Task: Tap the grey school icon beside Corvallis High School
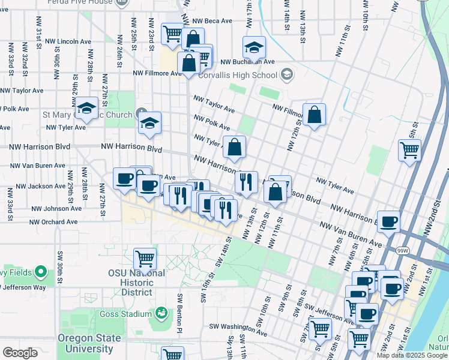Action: coord(287,74)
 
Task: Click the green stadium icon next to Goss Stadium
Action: coord(161,313)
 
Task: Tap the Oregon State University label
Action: coord(89,343)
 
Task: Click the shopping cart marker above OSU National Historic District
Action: coord(145,259)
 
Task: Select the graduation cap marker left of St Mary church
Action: coord(87,109)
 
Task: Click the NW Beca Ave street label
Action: coord(209,20)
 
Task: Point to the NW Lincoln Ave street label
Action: coord(67,42)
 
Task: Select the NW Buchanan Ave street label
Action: coord(247,62)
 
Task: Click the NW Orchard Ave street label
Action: coord(54,221)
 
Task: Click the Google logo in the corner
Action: coord(20,353)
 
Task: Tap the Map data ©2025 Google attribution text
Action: coord(412,355)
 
